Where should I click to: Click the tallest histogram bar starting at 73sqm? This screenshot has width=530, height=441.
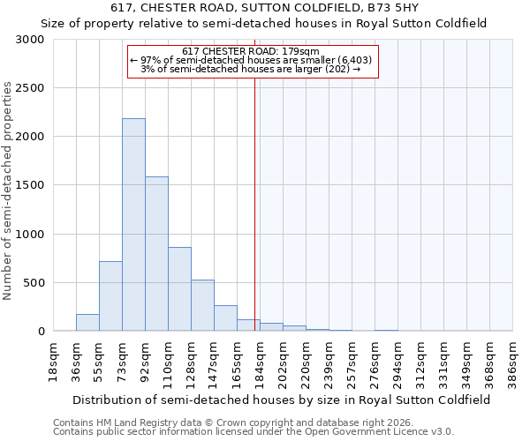133,225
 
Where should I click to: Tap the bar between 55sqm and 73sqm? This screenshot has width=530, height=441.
110,296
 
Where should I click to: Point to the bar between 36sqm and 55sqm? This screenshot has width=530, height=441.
87,323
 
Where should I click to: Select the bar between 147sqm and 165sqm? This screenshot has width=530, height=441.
225,318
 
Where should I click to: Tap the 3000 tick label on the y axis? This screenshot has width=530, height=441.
29,40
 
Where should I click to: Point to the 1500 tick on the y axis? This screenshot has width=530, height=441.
29,185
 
